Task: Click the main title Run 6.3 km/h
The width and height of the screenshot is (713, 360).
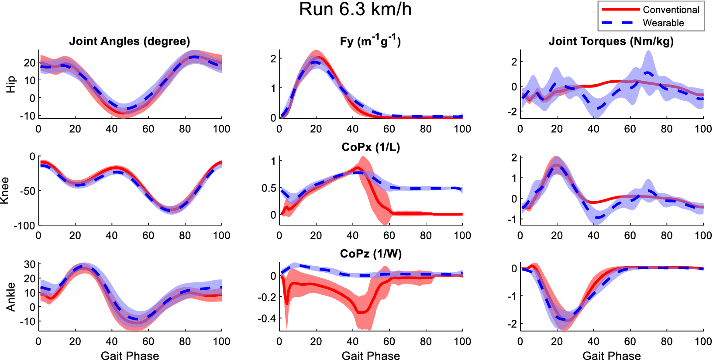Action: tap(355, 10)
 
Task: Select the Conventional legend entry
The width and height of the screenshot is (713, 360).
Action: tap(671, 10)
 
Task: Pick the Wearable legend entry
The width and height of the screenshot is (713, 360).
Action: tap(663, 23)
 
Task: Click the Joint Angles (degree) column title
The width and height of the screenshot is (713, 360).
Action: tap(130, 41)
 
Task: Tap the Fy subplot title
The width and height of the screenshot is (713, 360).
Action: tap(370, 41)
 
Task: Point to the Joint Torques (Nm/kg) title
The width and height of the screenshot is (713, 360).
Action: tap(611, 41)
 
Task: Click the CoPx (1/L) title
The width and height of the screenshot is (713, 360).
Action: tap(370, 147)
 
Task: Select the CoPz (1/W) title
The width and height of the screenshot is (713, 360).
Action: tap(370, 254)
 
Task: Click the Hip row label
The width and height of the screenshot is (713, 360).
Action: tap(11, 84)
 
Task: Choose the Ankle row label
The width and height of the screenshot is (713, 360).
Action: tap(11, 297)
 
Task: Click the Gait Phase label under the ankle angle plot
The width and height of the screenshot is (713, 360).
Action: tap(130, 356)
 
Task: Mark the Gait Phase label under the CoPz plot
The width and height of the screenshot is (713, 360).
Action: tap(370, 356)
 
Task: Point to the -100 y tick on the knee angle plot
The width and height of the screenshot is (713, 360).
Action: tap(24, 226)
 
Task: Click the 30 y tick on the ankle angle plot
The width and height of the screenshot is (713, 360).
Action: tap(30, 264)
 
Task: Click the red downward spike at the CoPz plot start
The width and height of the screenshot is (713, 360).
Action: tap(286, 303)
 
